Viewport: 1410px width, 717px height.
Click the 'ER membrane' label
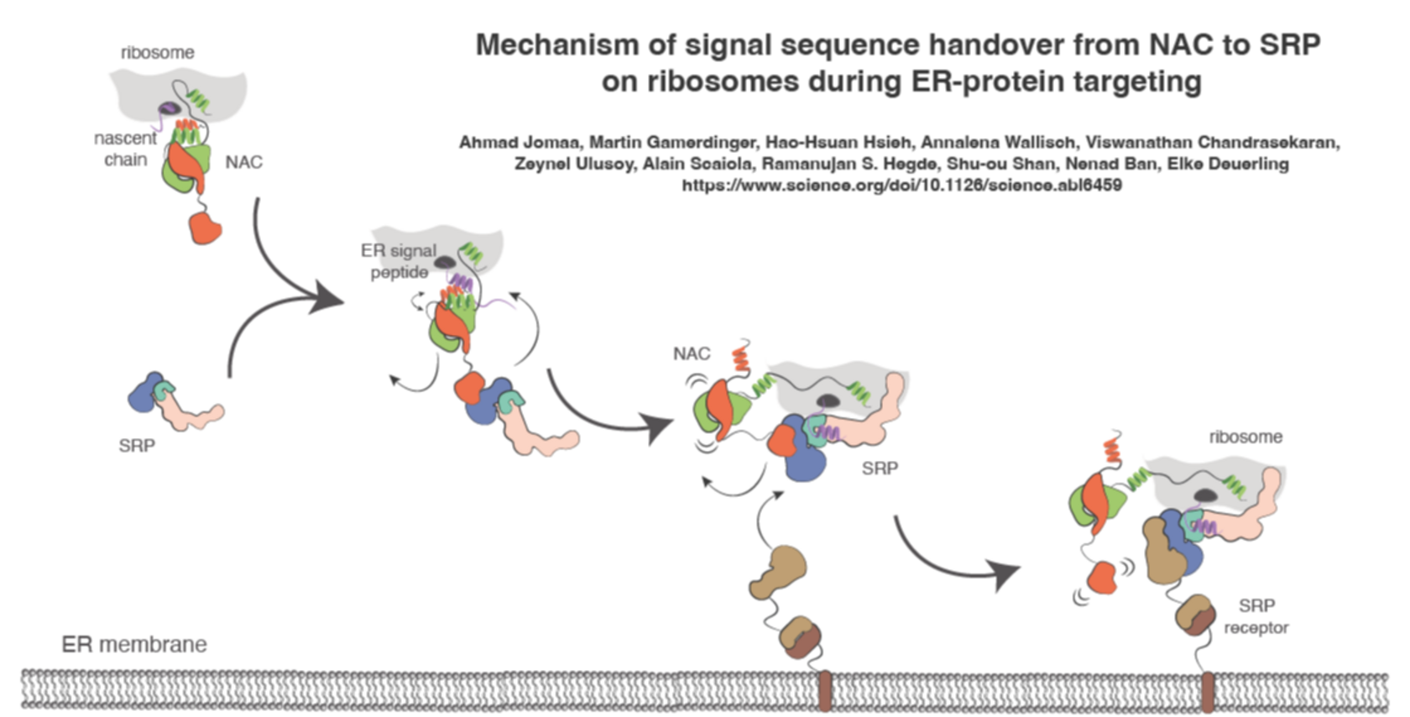click(134, 645)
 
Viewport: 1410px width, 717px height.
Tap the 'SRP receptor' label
click(1256, 616)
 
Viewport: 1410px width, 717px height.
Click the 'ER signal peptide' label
click(399, 261)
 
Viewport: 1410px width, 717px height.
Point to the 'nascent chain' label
click(125, 149)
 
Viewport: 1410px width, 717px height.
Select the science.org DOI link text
click(901, 186)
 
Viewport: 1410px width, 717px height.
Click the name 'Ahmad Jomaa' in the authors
click(519, 143)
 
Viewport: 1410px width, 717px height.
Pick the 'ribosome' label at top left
click(157, 53)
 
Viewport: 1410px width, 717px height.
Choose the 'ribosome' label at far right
click(1245, 437)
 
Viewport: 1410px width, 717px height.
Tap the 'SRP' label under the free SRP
click(137, 446)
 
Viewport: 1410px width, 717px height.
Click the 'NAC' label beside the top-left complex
click(243, 162)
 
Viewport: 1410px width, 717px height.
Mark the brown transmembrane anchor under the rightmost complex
click(1207, 690)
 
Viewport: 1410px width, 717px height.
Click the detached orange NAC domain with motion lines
click(1101, 578)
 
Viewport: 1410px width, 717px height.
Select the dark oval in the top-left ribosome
click(170, 108)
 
